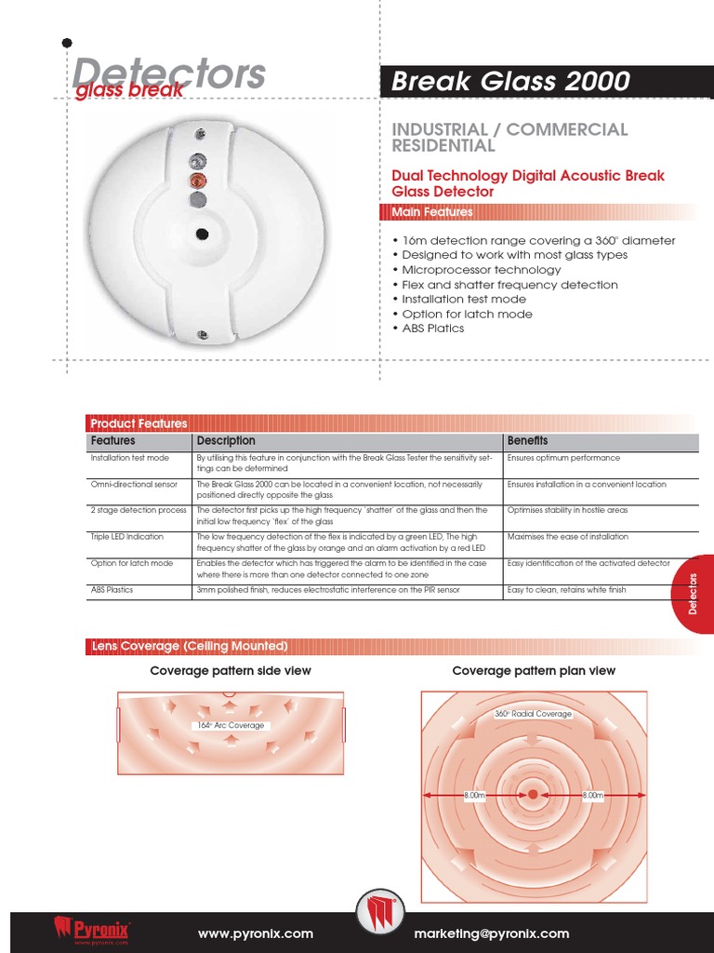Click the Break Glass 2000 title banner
click(x=547, y=82)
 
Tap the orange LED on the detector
click(x=196, y=179)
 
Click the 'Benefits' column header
click(x=527, y=440)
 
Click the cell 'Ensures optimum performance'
click(x=563, y=458)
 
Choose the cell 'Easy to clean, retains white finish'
click(x=567, y=590)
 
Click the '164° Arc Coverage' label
click(x=230, y=725)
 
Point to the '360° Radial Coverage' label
click(x=533, y=714)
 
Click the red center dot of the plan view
click(x=533, y=795)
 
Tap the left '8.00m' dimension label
click(x=475, y=796)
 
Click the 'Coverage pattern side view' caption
click(x=231, y=671)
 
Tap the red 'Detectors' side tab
click(x=694, y=594)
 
